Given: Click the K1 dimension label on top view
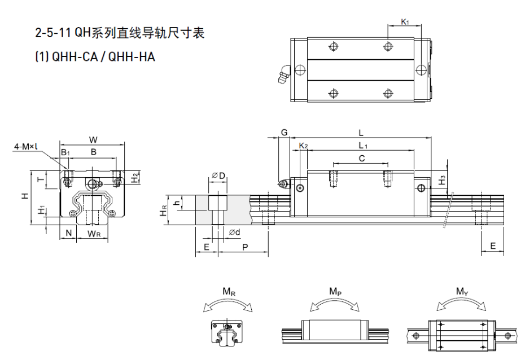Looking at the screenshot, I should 404,22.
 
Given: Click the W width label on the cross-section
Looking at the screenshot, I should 93,139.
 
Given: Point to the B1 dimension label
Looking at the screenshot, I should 65,152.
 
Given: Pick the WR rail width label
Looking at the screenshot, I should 94,233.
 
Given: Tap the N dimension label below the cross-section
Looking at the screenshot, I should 68,233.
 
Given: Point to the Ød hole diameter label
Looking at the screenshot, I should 234,232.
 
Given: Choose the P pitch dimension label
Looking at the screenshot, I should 244,247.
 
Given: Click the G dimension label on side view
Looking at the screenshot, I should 285,133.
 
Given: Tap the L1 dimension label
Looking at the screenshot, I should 364,146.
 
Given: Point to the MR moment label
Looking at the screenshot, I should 229,292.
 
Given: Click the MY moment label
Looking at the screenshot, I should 461,292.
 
